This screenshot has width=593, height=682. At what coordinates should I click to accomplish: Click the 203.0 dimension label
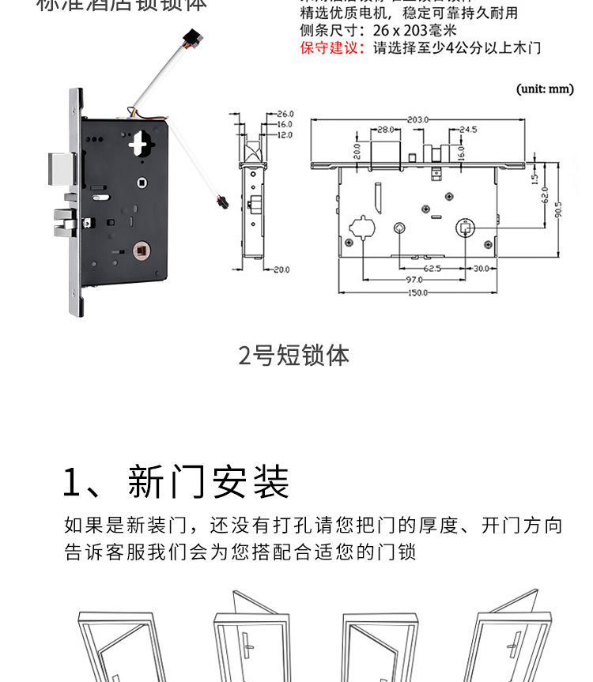click(418, 119)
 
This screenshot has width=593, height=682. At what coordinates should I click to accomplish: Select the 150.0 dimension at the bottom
click(417, 292)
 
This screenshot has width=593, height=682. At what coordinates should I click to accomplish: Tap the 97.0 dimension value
click(413, 281)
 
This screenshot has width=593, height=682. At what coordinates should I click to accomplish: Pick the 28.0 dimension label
click(385, 129)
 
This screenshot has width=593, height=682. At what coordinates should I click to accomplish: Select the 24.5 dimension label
click(468, 129)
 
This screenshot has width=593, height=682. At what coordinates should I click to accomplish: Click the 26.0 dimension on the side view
click(285, 114)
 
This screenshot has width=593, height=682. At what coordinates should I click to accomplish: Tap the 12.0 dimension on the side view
click(285, 134)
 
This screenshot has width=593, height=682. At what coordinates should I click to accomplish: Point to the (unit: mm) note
click(545, 89)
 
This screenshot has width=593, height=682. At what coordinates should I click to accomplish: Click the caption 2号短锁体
click(294, 356)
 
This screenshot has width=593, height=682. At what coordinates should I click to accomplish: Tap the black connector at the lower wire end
click(221, 201)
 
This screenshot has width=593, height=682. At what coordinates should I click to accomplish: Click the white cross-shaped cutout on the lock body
click(142, 143)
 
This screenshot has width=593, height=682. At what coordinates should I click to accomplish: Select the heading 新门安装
click(209, 482)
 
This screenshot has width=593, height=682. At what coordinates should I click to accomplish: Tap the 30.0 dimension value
click(481, 269)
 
